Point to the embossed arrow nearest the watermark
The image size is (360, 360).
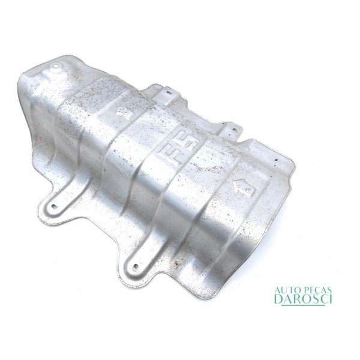(x=244, y=187)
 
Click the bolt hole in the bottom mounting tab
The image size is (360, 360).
(x=136, y=266)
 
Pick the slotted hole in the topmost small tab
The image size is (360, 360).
(x=169, y=92)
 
